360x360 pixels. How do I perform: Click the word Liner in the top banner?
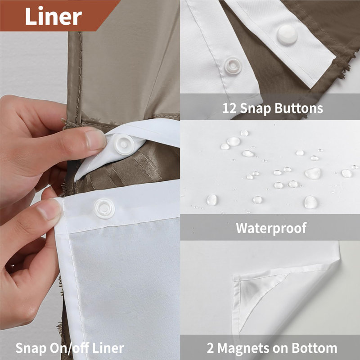tap(54, 16)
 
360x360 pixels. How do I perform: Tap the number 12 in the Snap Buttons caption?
tap(229, 108)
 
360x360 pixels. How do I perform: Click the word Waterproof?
tap(271, 228)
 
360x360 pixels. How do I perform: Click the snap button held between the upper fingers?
tap(124, 144)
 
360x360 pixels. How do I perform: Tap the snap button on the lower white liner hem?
tap(104, 208)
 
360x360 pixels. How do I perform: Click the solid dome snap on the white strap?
tap(287, 35)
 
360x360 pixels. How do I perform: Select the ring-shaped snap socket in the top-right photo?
tap(233, 66)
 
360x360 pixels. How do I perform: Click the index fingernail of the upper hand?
tap(95, 139)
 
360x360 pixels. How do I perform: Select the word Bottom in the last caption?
tap(314, 348)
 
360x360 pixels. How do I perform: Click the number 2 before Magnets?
tap(210, 348)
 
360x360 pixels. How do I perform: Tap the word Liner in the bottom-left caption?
tap(108, 348)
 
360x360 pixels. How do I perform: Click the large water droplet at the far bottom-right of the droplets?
tap(310, 202)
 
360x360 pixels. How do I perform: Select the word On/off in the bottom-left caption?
tap(69, 348)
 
